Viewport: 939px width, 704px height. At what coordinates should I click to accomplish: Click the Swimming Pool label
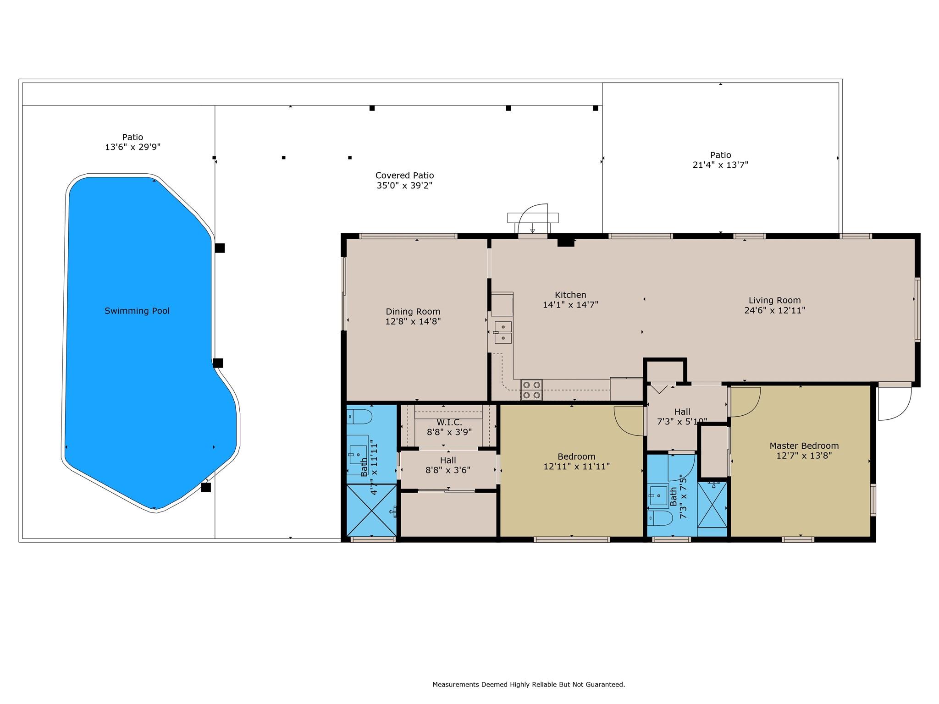click(x=137, y=311)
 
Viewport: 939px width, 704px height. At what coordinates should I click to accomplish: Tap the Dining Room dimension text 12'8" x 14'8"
click(x=413, y=322)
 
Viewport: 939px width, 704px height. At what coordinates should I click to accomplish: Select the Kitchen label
click(x=570, y=295)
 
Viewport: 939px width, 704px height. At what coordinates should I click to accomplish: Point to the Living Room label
click(x=775, y=300)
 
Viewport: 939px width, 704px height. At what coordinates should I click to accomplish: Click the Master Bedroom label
click(x=804, y=445)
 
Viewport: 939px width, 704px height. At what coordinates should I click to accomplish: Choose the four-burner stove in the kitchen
click(x=531, y=390)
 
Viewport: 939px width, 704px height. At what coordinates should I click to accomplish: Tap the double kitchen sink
click(x=503, y=332)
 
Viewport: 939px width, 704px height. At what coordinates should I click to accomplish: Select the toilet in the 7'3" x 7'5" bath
click(x=660, y=518)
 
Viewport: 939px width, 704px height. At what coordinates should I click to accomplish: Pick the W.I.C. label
click(x=449, y=422)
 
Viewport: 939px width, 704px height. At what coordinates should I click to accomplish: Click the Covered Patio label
click(x=405, y=176)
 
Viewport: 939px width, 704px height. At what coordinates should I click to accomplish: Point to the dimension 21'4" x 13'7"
click(x=720, y=165)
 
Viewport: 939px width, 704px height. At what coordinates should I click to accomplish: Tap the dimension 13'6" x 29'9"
click(x=133, y=147)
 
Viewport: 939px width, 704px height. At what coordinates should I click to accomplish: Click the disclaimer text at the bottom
click(x=529, y=685)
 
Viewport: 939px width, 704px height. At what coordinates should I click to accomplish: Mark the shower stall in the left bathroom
click(x=371, y=511)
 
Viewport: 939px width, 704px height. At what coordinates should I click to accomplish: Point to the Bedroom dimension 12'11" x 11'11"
click(x=577, y=467)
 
